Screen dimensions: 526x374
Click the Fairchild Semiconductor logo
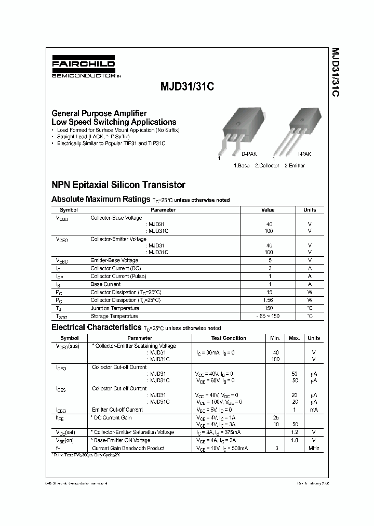84,68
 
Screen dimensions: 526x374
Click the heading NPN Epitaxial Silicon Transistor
118,185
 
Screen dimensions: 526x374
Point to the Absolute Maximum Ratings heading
101,199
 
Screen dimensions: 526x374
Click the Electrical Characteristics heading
96,327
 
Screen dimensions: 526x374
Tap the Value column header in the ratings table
268,210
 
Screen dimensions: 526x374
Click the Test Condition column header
229,338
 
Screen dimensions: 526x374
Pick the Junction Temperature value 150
269,308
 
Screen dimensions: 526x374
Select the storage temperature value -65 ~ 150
269,316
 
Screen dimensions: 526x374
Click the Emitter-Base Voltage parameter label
114,260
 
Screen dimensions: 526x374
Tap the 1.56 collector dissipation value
269,300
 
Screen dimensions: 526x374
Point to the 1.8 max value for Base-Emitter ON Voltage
294,440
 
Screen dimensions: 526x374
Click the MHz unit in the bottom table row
314,448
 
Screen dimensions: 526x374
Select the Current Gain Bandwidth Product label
128,448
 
